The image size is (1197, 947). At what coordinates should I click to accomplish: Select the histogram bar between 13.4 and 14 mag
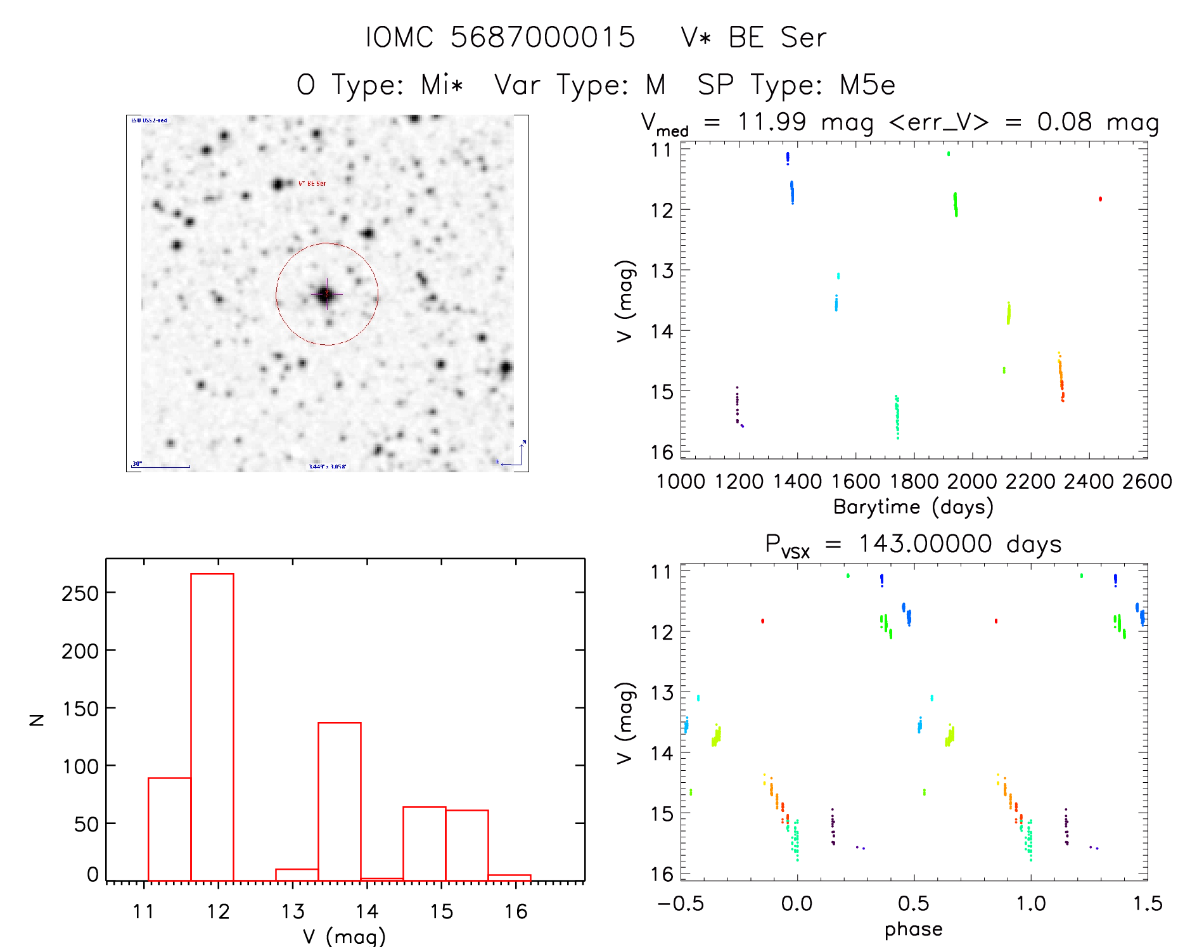[x=340, y=801]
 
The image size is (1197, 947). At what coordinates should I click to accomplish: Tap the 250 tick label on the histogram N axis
[x=80, y=594]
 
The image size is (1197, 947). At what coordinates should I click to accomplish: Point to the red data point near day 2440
[x=1100, y=199]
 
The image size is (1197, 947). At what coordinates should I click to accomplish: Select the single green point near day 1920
[x=949, y=153]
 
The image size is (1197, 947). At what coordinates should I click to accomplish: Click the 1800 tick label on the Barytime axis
[x=914, y=482]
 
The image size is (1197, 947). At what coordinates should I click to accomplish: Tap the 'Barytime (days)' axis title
[x=913, y=507]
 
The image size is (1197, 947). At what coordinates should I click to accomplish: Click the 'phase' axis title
[x=913, y=929]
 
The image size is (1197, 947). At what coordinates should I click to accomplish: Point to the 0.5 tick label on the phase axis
[x=914, y=903]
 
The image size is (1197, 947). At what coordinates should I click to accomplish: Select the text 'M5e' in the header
[x=867, y=86]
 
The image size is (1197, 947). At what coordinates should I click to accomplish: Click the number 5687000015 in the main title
[x=542, y=37]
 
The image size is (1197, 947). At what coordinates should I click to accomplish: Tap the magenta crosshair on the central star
[x=327, y=294]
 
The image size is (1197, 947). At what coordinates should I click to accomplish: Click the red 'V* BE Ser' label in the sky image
[x=312, y=184]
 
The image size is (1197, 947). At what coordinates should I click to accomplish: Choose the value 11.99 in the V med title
[x=772, y=122]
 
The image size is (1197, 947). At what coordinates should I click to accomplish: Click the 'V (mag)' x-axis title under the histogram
[x=344, y=936]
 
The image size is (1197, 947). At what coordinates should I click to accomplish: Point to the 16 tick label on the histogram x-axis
[x=516, y=912]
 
